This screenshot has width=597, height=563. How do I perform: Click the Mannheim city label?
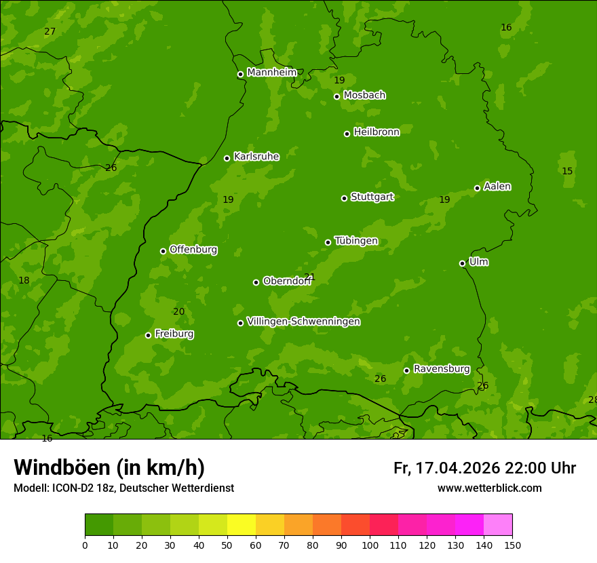pos(271,73)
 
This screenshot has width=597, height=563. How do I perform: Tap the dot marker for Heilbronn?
pos(347,134)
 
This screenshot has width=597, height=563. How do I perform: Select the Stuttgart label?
pos(372,197)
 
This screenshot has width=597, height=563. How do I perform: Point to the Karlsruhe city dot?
pos(227,158)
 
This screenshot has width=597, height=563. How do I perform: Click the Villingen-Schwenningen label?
pos(303,322)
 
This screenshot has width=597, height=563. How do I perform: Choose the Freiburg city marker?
pos(148,335)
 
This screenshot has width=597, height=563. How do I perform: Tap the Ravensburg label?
pos(441,369)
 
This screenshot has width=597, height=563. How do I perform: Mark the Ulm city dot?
pos(462,263)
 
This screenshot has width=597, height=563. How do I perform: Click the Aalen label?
pos(497,187)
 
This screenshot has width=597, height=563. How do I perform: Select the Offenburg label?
pos(193,250)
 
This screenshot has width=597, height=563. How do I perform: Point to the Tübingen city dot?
pos(328,242)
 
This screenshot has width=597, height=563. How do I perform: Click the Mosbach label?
pos(364,96)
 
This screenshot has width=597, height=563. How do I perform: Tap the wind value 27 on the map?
pos(50,32)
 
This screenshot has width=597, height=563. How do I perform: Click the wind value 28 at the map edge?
pos(592,400)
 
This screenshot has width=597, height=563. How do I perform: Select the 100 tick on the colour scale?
pos(370,545)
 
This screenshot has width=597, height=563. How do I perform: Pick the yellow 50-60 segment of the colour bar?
pos(242,525)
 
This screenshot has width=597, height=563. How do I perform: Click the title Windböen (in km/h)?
pos(109,467)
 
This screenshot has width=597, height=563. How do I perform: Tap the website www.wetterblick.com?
pos(489,488)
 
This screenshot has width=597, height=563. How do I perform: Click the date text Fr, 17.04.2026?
pos(446,468)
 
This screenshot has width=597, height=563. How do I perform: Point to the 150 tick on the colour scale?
pos(512,545)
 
